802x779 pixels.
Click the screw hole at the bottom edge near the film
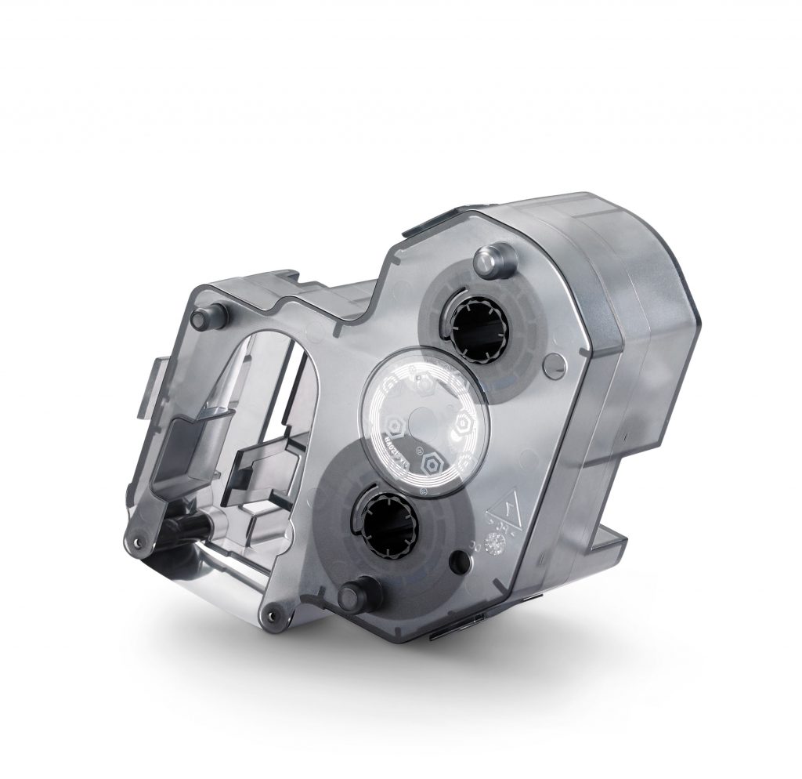pyautogui.click(x=272, y=611)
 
